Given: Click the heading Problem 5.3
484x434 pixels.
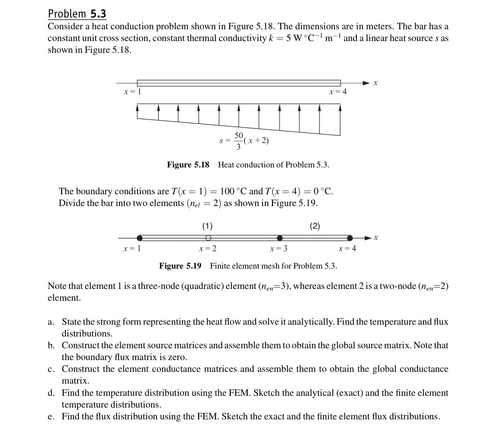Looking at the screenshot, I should (77, 14).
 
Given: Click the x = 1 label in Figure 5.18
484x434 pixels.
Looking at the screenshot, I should (132, 92).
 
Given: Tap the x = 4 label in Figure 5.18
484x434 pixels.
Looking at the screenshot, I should (338, 92).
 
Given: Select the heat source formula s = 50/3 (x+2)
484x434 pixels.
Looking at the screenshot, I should (244, 141).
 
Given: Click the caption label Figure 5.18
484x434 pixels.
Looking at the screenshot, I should (188, 165).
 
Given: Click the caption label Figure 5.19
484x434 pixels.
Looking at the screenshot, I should (180, 266).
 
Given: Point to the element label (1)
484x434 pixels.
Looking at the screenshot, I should (207, 226).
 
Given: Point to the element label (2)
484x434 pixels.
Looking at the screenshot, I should (315, 226).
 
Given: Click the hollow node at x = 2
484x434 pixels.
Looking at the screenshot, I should (208, 238).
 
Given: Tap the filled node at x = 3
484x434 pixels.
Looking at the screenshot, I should (280, 238).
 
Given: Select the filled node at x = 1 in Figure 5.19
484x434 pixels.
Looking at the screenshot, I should (140, 238).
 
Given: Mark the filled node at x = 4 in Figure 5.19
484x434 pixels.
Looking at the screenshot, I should (350, 238).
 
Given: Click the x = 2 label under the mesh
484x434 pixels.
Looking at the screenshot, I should (207, 249).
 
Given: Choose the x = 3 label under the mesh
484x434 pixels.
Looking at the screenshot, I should (279, 249).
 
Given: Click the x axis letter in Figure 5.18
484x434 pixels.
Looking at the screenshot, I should (376, 83).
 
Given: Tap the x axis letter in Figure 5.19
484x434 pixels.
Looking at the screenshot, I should (376, 237).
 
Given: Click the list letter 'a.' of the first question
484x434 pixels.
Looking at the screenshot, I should (51, 322).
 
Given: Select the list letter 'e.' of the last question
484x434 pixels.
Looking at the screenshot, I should (51, 417).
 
